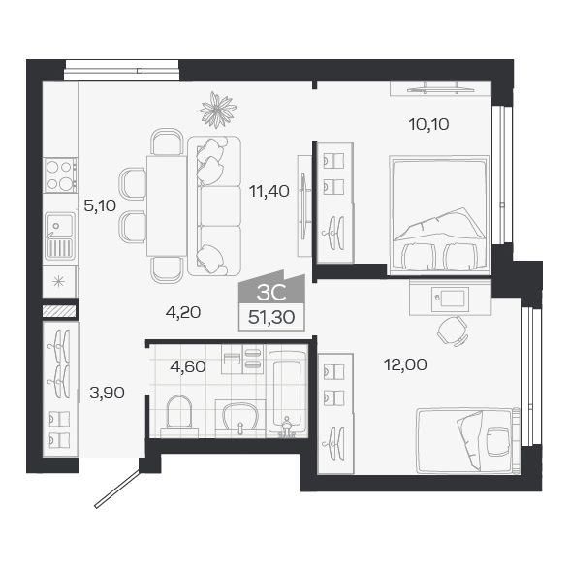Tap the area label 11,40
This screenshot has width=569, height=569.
[x=269, y=191]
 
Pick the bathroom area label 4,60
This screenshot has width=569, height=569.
[x=187, y=365]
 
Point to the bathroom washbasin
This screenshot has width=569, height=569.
[x=237, y=418]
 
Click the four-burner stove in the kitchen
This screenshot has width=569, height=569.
[x=60, y=175]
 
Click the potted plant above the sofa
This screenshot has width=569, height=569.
[x=217, y=109]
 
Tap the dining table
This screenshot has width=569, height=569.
[x=166, y=205]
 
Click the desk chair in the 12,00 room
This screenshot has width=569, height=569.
[x=451, y=331]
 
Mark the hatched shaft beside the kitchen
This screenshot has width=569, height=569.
[x=59, y=312]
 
